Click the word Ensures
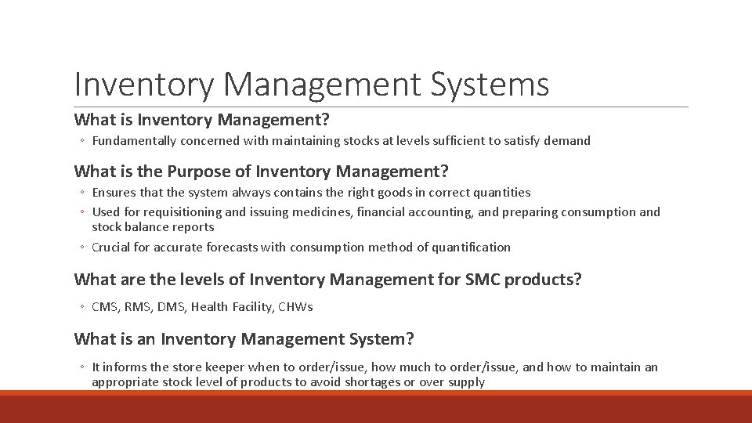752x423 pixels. point(114,192)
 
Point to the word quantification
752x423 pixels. point(470,248)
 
